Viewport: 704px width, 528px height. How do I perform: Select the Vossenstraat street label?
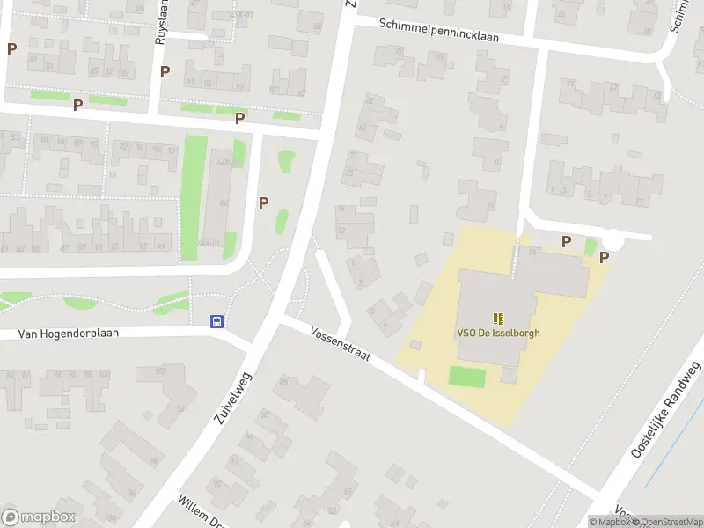341,345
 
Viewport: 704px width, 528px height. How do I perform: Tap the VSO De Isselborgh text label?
498,334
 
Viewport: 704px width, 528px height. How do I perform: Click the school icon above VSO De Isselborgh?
498,319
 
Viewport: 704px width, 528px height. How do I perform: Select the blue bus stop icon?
216,321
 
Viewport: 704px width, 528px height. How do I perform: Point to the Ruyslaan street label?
160,21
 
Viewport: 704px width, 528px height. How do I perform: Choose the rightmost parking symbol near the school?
604,257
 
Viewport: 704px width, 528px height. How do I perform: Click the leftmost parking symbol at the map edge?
11,48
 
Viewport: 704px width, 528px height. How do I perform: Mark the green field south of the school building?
467,377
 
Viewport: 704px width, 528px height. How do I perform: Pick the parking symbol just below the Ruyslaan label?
165,71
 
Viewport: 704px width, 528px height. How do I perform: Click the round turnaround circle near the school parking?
613,237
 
